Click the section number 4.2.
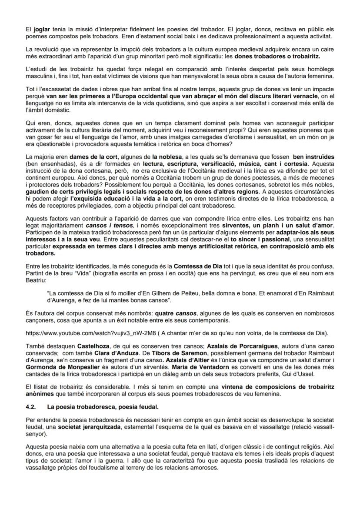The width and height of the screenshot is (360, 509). (32, 406)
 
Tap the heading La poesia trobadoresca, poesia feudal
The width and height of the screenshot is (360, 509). (103, 406)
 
